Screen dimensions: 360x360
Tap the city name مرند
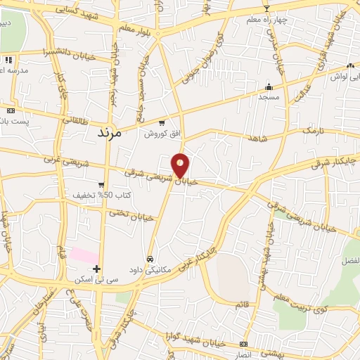pyautogui.click(x=108, y=131)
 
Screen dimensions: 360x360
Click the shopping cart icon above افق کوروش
pyautogui.click(x=161, y=123)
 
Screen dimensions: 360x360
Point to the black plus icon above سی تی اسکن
pyautogui.click(x=97, y=269)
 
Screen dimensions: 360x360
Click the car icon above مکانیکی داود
pyautogui.click(x=150, y=257)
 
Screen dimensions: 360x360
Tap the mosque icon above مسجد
pyautogui.click(x=268, y=87)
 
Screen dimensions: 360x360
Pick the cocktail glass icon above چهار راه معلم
pyautogui.click(x=266, y=8)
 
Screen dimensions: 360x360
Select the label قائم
pyautogui.click(x=243, y=303)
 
